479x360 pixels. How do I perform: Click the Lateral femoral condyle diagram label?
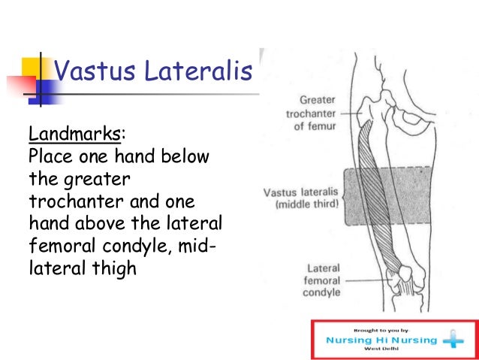(x=322, y=280)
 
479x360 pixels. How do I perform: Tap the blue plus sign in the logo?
(x=453, y=340)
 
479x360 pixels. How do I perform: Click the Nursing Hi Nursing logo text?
(x=381, y=340)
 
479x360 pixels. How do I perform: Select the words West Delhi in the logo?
(x=381, y=349)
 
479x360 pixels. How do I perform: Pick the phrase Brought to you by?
(x=381, y=329)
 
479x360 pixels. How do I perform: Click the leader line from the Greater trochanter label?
(x=350, y=113)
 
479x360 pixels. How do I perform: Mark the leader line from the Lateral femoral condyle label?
(x=368, y=280)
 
